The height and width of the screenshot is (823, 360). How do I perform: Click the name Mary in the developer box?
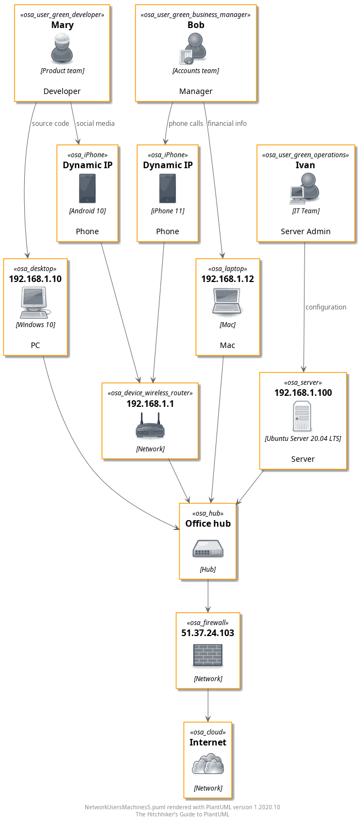click(x=62, y=25)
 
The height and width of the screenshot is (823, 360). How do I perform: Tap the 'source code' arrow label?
click(x=51, y=124)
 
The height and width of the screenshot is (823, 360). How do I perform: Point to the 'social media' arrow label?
click(x=96, y=124)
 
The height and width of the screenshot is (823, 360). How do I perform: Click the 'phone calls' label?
click(x=186, y=124)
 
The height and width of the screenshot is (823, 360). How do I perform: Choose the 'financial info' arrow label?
click(x=228, y=124)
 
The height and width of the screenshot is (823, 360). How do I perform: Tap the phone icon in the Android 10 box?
click(x=87, y=189)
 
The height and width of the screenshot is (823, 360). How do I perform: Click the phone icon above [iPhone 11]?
click(x=168, y=189)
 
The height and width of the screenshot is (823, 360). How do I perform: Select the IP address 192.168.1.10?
click(x=35, y=279)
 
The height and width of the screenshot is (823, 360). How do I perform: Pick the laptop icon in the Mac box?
click(x=227, y=302)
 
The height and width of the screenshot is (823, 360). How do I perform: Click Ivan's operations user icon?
click(x=305, y=188)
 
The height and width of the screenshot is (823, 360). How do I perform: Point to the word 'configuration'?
click(x=326, y=307)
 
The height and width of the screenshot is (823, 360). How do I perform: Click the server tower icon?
click(x=303, y=416)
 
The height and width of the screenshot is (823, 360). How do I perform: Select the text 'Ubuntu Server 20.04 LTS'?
click(x=303, y=439)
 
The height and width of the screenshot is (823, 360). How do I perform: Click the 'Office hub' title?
click(x=208, y=523)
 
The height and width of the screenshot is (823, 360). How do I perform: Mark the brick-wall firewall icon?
click(x=208, y=656)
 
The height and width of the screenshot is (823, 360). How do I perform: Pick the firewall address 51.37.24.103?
click(x=208, y=633)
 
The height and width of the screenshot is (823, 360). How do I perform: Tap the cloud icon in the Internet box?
click(x=208, y=765)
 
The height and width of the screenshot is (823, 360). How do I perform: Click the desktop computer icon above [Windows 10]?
click(x=35, y=302)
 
